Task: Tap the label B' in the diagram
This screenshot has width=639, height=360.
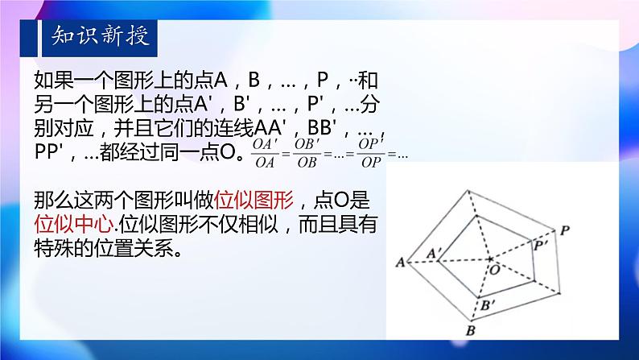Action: [x=490, y=304]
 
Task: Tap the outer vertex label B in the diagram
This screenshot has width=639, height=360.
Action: [x=471, y=329]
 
